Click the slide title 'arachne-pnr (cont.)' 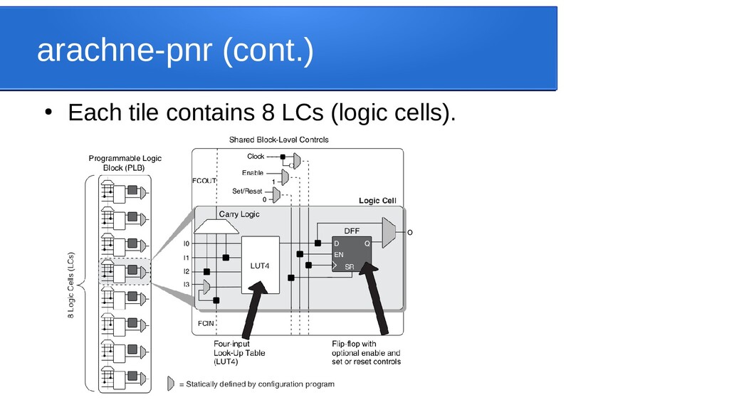pyautogui.click(x=174, y=51)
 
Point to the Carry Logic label pyautogui.click(x=239, y=214)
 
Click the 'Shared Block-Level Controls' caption pyautogui.click(x=278, y=140)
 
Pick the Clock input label pyautogui.click(x=256, y=157)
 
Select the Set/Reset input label pyautogui.click(x=247, y=191)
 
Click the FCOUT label pyautogui.click(x=204, y=181)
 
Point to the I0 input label pyautogui.click(x=187, y=243)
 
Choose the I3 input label pyautogui.click(x=187, y=285)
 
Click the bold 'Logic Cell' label pyautogui.click(x=377, y=201)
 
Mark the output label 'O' pyautogui.click(x=409, y=232)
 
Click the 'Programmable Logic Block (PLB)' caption pyautogui.click(x=125, y=162)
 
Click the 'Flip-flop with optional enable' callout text pyautogui.click(x=366, y=352)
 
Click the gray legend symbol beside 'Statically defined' pyautogui.click(x=170, y=384)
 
